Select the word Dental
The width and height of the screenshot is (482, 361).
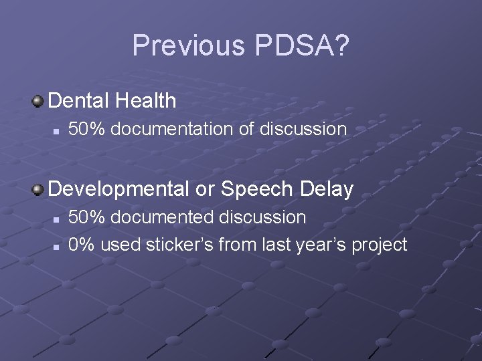[x=79, y=101]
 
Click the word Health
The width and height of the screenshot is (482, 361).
[x=145, y=101]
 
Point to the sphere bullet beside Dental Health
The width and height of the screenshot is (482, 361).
[x=39, y=101]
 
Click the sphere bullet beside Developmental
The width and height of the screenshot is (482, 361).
[x=39, y=190]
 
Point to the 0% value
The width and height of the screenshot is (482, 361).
[x=82, y=245]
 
